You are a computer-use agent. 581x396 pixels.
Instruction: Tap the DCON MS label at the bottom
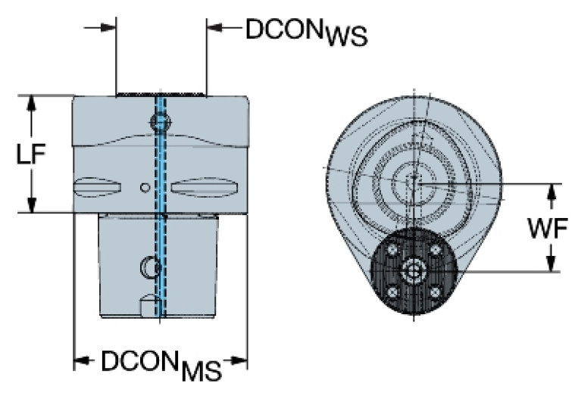[x=160, y=364]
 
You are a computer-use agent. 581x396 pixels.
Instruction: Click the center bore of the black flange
[x=414, y=271]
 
